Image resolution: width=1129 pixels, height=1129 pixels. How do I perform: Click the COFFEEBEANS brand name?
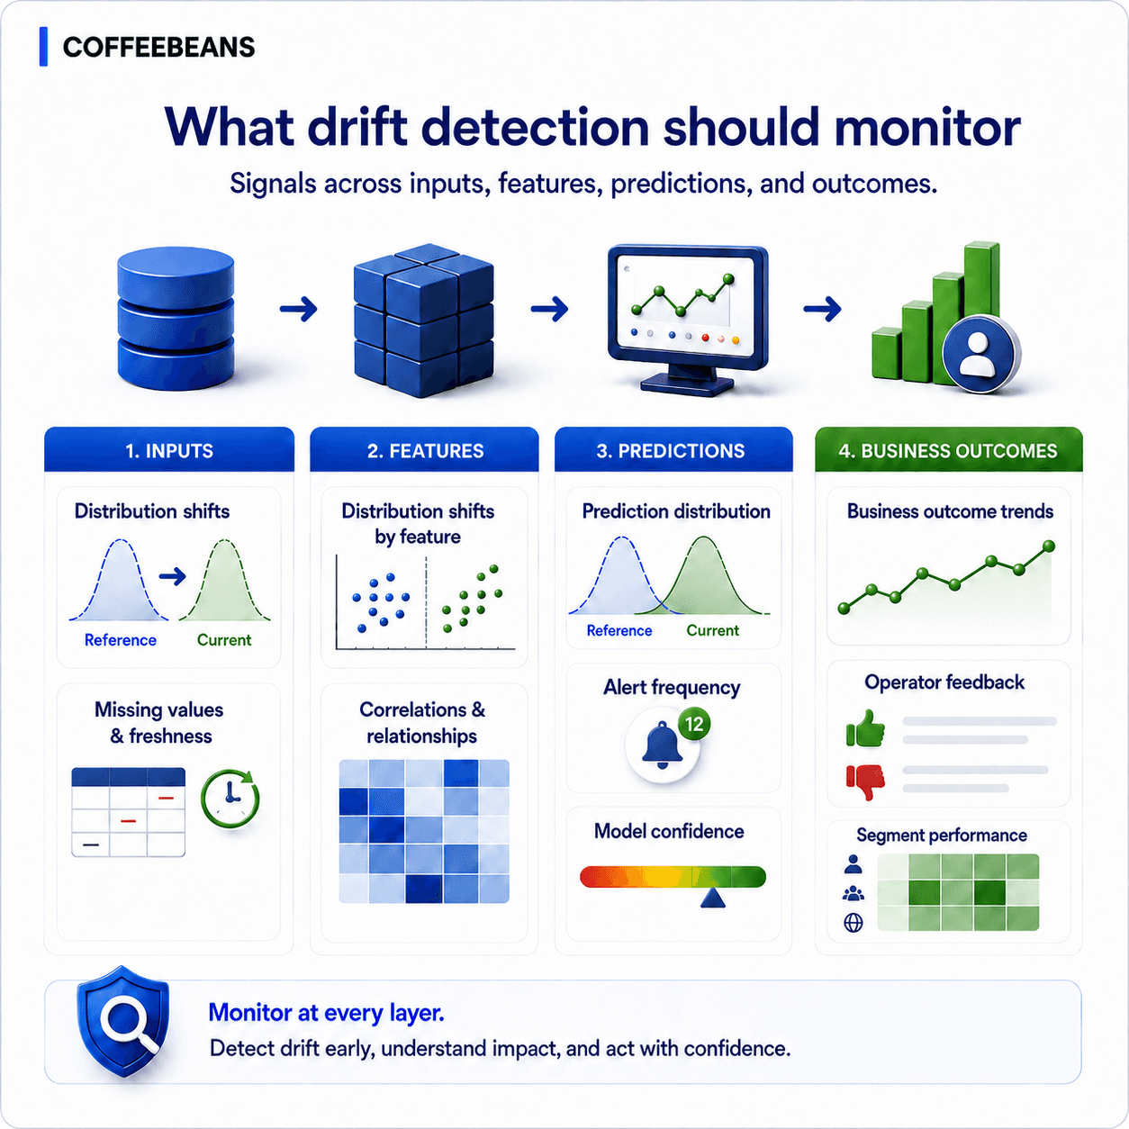click(158, 47)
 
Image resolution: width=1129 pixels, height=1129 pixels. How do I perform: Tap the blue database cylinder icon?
click(176, 318)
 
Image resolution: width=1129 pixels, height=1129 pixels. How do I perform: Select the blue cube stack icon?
click(423, 320)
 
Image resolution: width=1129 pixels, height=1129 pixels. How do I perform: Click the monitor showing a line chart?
click(688, 320)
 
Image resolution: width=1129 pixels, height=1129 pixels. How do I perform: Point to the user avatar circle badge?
click(980, 354)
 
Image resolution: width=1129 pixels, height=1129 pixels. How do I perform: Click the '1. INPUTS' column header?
click(169, 450)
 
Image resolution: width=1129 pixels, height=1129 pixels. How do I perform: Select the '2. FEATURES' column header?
click(425, 450)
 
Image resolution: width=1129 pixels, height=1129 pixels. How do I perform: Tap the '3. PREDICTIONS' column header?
click(673, 450)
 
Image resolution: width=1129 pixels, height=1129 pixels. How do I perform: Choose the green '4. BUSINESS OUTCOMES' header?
click(949, 450)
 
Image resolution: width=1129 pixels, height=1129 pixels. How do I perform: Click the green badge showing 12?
click(694, 724)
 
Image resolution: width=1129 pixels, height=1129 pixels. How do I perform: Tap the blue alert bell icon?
click(662, 745)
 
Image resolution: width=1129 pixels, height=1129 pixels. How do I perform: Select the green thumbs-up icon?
click(865, 728)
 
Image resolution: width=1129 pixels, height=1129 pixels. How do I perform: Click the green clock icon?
click(230, 799)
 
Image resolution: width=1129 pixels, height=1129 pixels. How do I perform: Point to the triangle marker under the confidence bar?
click(712, 899)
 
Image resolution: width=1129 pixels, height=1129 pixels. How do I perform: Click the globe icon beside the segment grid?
click(853, 923)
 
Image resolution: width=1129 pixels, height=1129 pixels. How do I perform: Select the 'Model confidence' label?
click(669, 831)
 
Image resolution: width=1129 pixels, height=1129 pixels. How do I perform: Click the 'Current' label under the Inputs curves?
click(224, 640)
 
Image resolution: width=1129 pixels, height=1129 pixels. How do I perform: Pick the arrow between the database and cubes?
click(298, 308)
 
